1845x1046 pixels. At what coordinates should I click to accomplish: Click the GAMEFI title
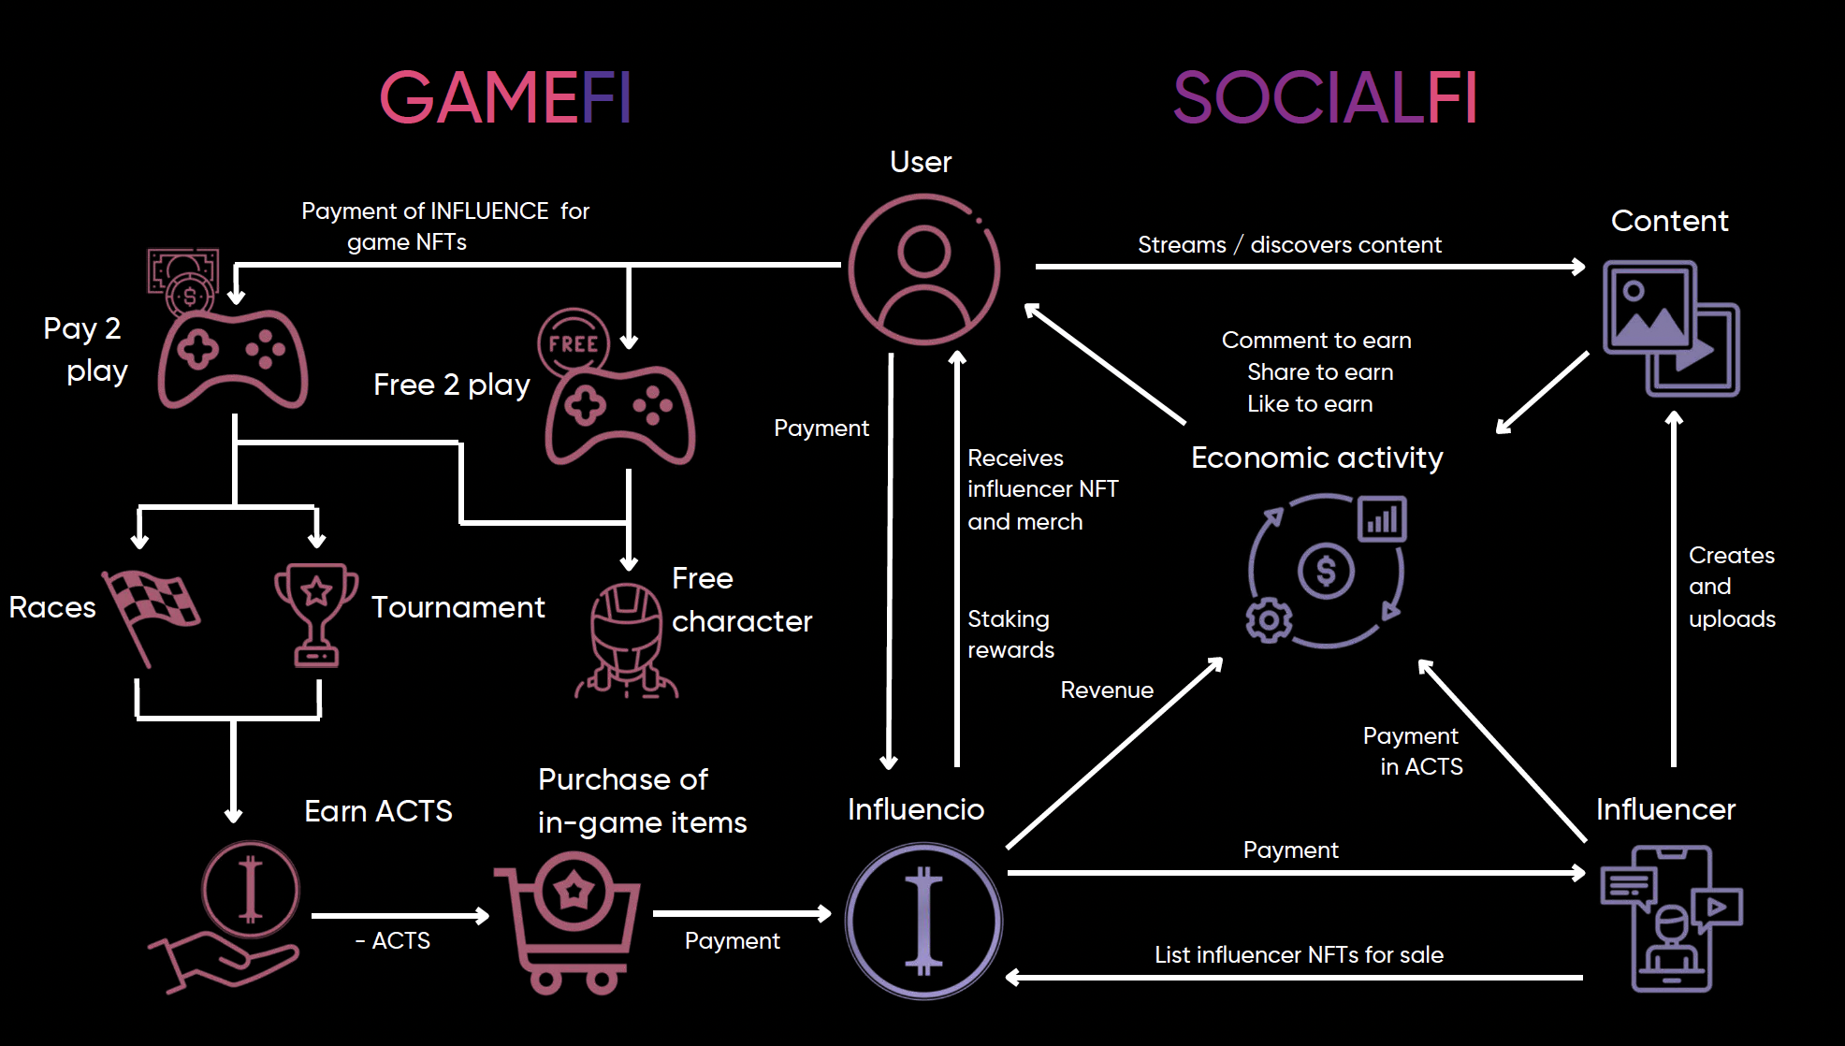tap(505, 97)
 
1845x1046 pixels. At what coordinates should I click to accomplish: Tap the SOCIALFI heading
tap(1325, 97)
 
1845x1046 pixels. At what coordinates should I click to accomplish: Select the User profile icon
tap(923, 269)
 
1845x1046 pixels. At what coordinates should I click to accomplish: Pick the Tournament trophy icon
tap(316, 613)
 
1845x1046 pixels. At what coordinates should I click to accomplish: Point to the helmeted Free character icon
tap(626, 641)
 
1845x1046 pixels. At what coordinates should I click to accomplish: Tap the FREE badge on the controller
tap(574, 343)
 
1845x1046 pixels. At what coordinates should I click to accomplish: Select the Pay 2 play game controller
tap(233, 358)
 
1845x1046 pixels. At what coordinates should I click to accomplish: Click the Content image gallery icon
tap(1670, 327)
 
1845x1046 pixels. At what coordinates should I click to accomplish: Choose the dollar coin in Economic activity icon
tap(1326, 570)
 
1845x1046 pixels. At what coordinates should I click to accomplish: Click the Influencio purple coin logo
tap(923, 921)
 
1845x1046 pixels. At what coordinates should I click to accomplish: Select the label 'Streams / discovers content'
tap(1289, 245)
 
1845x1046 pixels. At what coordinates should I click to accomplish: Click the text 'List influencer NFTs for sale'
tap(1299, 954)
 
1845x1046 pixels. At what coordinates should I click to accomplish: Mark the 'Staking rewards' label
tap(1010, 634)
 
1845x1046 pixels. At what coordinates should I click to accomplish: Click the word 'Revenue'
tap(1107, 690)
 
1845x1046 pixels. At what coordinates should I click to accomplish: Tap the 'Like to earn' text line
tap(1310, 404)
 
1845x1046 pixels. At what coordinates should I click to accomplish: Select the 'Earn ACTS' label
tap(378, 811)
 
